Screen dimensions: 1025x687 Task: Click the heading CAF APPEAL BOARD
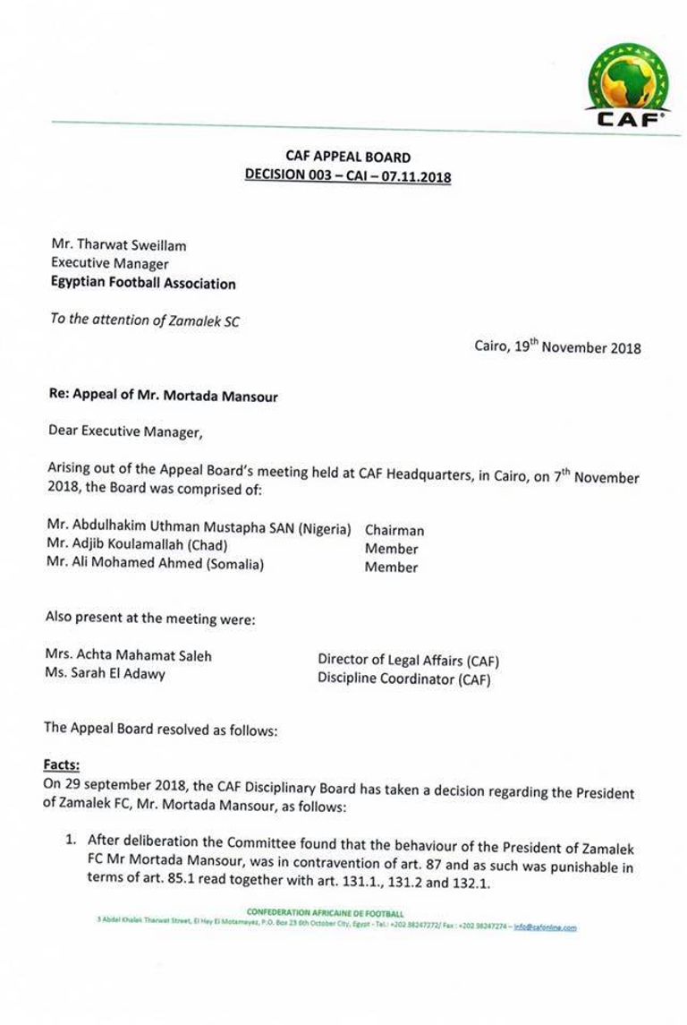(x=348, y=157)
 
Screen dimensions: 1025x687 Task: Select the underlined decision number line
(x=348, y=176)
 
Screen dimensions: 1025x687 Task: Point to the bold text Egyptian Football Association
(x=143, y=284)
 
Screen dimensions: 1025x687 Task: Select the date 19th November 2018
(x=557, y=347)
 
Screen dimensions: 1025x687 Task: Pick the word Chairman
(x=394, y=530)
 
